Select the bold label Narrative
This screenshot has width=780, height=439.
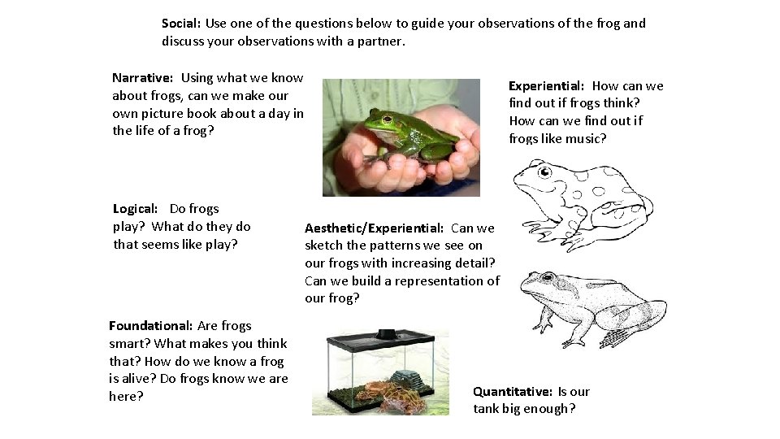tap(142, 78)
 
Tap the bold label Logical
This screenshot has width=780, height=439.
tap(135, 209)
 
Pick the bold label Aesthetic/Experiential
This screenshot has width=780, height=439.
tap(374, 228)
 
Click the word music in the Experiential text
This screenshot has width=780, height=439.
tap(586, 138)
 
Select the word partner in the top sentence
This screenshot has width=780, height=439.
tap(377, 41)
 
